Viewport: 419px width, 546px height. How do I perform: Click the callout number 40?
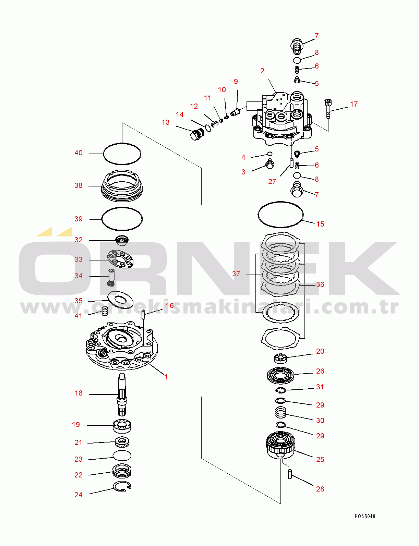(x=79, y=153)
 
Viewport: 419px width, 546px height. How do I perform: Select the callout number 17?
(x=354, y=104)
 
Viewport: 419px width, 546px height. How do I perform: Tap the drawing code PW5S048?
(x=365, y=516)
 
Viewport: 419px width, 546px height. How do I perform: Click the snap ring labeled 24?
(x=122, y=486)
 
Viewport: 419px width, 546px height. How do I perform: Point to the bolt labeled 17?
(x=328, y=108)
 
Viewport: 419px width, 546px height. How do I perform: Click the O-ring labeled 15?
(x=280, y=214)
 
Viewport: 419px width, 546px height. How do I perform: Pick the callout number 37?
(x=236, y=274)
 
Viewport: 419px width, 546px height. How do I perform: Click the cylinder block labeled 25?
(x=280, y=445)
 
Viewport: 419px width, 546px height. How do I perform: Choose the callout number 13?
(x=166, y=122)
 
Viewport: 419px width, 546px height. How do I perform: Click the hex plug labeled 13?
(x=196, y=134)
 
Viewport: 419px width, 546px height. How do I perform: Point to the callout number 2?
(x=262, y=71)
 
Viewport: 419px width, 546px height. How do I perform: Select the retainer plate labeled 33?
(x=120, y=259)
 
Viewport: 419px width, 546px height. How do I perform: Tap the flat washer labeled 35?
(x=120, y=300)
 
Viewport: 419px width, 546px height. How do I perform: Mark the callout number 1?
(x=166, y=377)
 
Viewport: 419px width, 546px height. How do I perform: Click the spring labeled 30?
(x=281, y=412)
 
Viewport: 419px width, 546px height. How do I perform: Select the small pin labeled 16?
(x=144, y=314)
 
